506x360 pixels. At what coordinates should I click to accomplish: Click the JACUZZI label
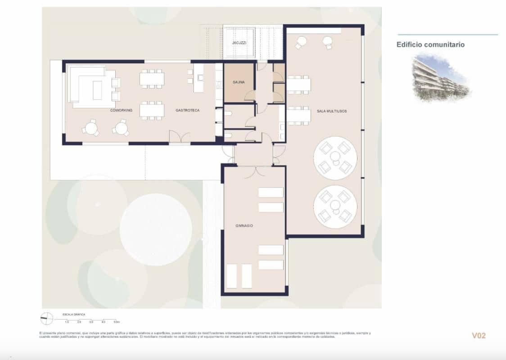[239, 43]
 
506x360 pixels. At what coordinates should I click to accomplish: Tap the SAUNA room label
[239, 82]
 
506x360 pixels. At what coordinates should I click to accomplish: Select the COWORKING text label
[121, 110]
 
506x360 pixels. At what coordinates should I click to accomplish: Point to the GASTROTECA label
[187, 110]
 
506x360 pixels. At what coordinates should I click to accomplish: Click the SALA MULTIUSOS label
[332, 111]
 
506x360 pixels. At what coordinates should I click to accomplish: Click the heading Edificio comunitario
[430, 45]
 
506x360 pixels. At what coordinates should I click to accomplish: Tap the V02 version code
[479, 335]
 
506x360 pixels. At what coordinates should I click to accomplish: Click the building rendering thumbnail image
[441, 77]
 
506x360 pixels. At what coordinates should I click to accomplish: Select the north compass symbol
[45, 319]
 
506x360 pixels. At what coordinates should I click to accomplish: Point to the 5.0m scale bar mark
[116, 322]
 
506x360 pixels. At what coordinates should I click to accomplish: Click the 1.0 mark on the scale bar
[67, 322]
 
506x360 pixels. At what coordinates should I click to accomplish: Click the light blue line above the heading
[448, 35]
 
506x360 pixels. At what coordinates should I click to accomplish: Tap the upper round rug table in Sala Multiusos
[335, 157]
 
